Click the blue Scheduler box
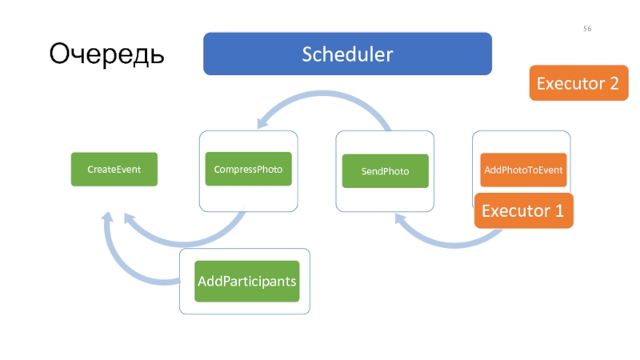pyautogui.click(x=347, y=54)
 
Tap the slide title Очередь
pyautogui.click(x=106, y=54)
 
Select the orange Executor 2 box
pyautogui.click(x=578, y=83)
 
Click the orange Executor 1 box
pyautogui.click(x=524, y=210)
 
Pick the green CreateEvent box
pyautogui.click(x=114, y=170)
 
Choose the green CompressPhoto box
pyautogui.click(x=248, y=169)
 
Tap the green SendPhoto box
pyautogui.click(x=386, y=171)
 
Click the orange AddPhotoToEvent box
pyautogui.click(x=523, y=170)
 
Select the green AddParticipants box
pyautogui.click(x=247, y=282)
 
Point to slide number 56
pyautogui.click(x=587, y=29)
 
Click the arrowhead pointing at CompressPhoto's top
pyautogui.click(x=262, y=122)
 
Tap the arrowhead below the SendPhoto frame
pyautogui.click(x=400, y=218)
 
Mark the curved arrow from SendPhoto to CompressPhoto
pyautogui.click(x=322, y=94)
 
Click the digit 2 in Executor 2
pyautogui.click(x=614, y=83)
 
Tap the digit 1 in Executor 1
pyautogui.click(x=559, y=210)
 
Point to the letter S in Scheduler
pyautogui.click(x=307, y=54)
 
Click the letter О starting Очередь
pyautogui.click(x=59, y=53)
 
